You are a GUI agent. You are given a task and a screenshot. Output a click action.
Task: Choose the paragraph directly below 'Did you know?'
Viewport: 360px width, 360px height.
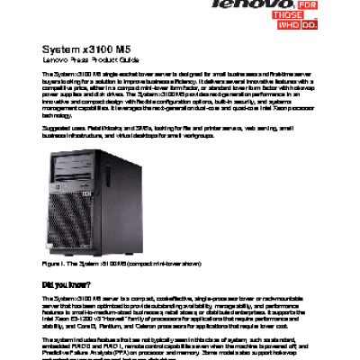coord(179,312)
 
